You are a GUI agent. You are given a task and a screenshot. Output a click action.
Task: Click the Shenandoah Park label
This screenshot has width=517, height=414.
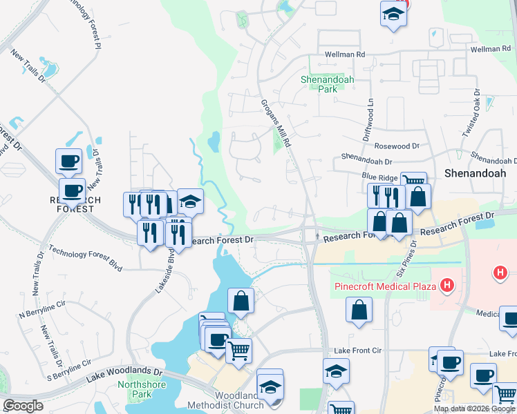click(x=327, y=84)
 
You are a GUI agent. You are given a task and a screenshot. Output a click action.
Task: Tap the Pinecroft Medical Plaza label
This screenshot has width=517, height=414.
click(x=385, y=286)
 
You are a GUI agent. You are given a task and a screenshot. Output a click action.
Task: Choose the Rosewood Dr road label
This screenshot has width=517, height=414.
click(x=397, y=146)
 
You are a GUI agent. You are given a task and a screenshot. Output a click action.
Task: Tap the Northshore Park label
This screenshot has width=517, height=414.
click(x=134, y=389)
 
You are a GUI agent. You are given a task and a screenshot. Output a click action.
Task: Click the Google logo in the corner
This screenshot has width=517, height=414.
click(x=23, y=406)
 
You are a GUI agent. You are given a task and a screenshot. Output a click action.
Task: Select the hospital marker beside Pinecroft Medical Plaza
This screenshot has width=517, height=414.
click(x=448, y=284)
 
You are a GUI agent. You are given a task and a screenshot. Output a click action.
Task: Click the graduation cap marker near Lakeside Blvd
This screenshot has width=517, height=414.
click(x=190, y=201)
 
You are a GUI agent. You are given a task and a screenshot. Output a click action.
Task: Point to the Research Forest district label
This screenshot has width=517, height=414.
click(x=75, y=204)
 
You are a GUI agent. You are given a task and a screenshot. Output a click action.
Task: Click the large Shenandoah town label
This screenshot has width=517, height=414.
click(x=475, y=172)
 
